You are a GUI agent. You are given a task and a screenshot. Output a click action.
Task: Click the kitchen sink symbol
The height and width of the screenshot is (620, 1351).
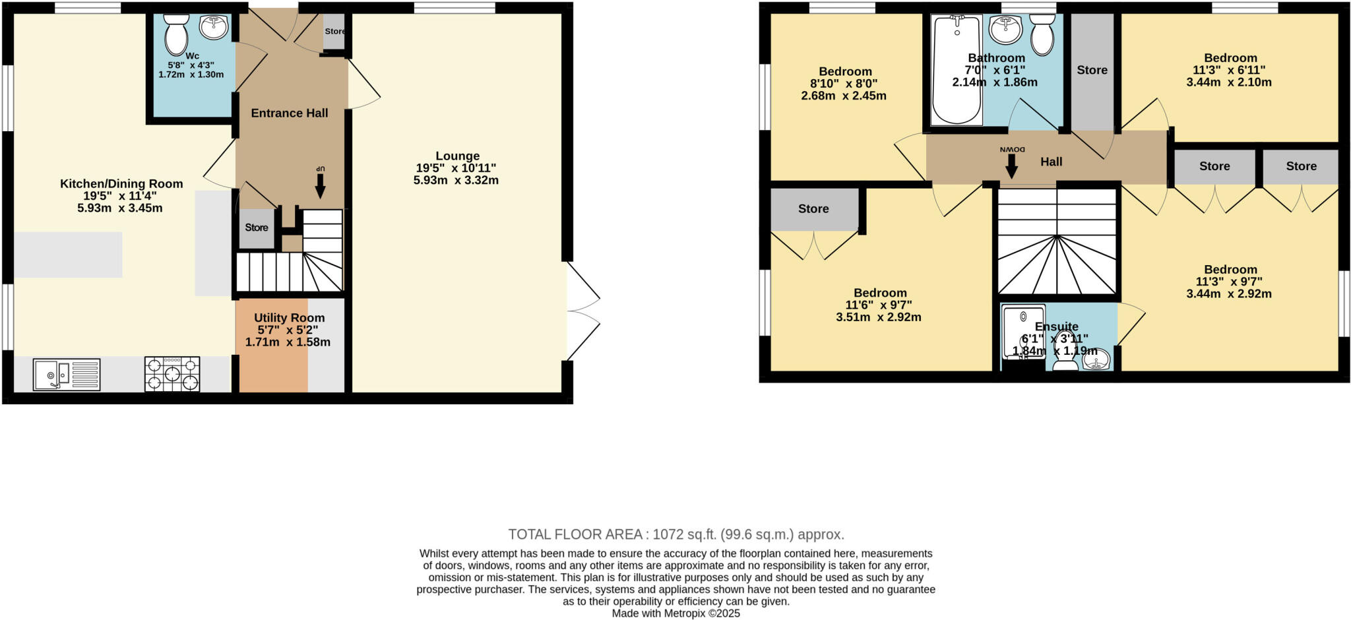67,375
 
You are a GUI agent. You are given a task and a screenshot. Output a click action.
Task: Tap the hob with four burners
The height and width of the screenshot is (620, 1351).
172,374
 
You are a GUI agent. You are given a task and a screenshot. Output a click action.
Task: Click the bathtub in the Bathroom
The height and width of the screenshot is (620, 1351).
956,70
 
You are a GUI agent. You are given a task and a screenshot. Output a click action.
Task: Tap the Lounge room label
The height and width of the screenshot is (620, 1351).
457,156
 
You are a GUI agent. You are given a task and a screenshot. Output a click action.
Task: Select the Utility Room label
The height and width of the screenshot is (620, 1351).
289,318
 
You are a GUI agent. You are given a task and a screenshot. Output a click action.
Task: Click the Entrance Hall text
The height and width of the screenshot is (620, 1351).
289,113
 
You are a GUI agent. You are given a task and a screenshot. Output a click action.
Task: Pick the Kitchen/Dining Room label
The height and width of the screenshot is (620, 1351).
121,184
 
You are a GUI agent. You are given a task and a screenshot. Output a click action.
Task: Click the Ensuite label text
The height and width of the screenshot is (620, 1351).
1056,326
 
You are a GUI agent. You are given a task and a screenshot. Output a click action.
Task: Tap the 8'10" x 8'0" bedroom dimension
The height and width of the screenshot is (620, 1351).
844,84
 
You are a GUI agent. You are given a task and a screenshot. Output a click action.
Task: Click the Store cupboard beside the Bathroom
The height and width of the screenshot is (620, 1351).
1092,70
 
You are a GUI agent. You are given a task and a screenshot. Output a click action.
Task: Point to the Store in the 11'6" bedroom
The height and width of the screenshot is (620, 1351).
813,209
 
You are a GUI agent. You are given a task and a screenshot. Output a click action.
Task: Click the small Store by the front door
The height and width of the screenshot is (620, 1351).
334,31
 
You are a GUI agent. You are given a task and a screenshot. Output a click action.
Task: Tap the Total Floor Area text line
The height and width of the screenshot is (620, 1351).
675,534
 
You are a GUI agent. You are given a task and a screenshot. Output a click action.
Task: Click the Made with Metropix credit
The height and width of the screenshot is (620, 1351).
675,613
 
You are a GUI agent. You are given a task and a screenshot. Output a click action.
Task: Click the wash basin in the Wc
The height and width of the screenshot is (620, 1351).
214,28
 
